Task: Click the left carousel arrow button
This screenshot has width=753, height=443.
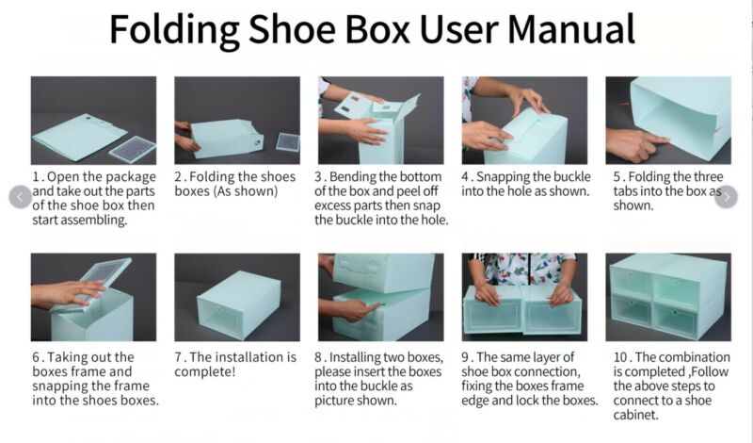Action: tap(20, 197)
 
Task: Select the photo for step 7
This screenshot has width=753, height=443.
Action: tap(237, 297)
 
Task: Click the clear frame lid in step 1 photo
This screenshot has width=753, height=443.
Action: tap(133, 149)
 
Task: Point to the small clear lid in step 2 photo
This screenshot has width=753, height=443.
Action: tap(288, 142)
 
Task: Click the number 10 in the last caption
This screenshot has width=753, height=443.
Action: tap(620, 357)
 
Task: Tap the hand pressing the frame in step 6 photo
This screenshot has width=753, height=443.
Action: tap(67, 292)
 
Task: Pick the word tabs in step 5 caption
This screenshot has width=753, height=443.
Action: tap(625, 191)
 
